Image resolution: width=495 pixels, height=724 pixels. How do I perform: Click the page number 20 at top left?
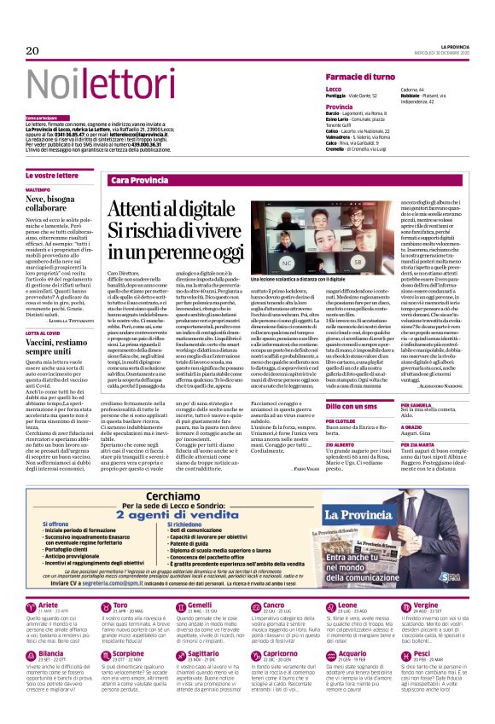[x=32, y=50]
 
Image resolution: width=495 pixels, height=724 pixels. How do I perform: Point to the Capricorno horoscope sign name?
[x=282, y=677]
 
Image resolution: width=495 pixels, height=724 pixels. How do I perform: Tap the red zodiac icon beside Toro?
[x=99, y=633]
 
